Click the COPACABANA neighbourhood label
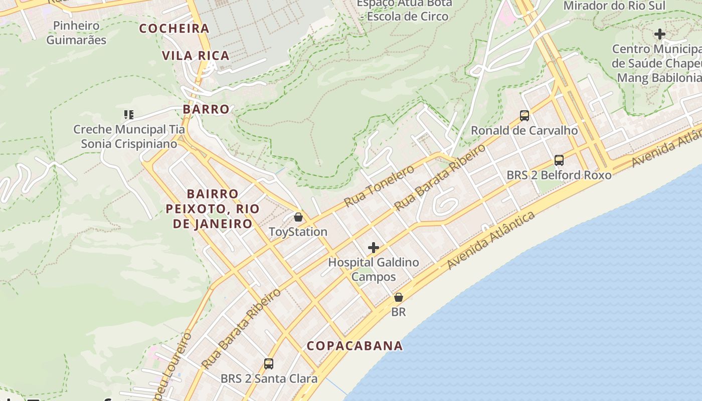(355, 346)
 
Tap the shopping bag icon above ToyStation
(298, 217)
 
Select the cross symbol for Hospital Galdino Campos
(374, 248)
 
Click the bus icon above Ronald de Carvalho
(524, 116)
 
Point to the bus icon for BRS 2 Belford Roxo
(559, 160)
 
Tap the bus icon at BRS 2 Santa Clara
(269, 363)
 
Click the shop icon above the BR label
(399, 297)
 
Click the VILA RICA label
(196, 56)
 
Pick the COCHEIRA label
(174, 29)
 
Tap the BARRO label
(206, 109)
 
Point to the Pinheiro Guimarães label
(76, 33)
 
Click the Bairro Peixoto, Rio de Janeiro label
(213, 209)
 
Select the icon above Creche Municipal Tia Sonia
(129, 115)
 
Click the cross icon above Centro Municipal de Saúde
(660, 34)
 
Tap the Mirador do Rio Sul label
(614, 6)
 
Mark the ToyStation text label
(298, 232)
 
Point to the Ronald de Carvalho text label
(524, 131)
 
